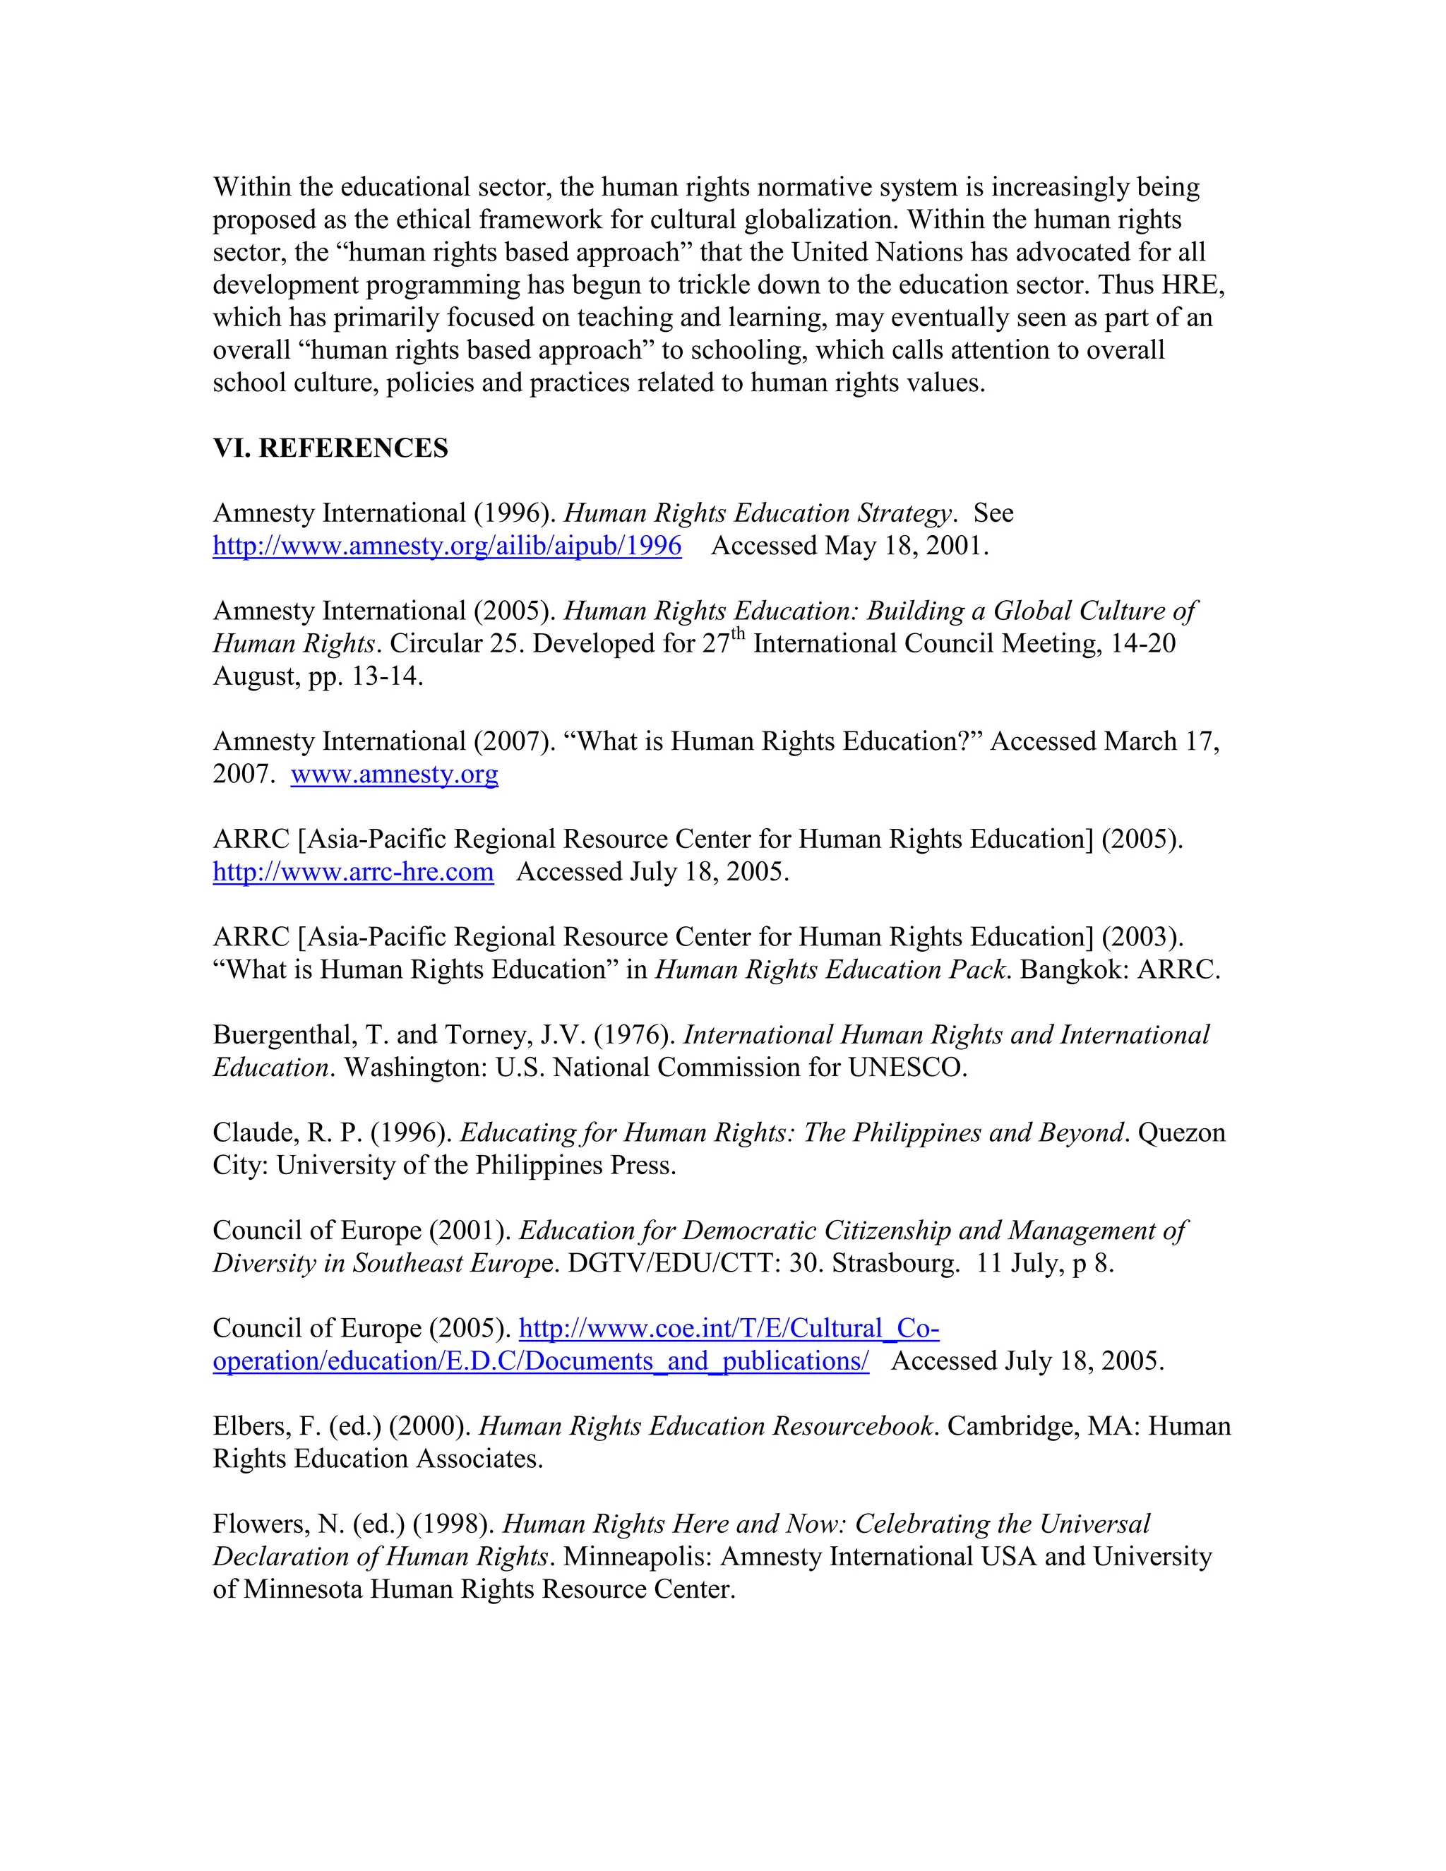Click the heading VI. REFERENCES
click(330, 448)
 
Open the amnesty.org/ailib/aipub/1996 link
click(446, 546)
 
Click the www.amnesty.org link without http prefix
click(394, 775)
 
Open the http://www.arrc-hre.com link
click(353, 872)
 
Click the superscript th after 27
click(738, 635)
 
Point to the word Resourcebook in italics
click(852, 1426)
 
